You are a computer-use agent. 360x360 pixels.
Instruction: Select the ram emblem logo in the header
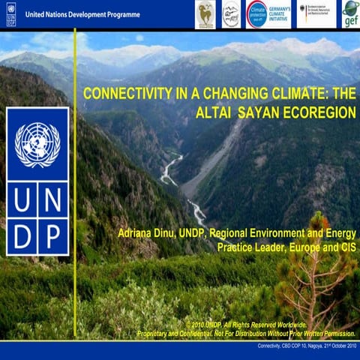pos(205,13)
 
